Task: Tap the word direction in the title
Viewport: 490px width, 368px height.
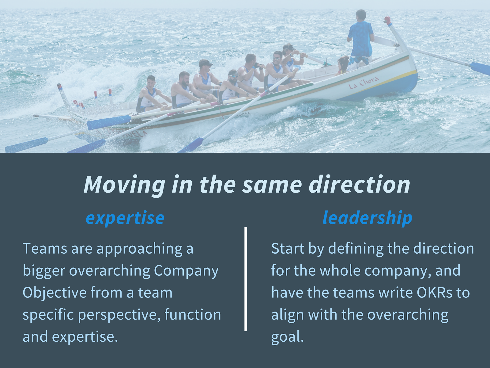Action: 360,185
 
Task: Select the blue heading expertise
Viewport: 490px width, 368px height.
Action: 125,218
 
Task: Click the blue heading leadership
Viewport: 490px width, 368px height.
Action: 367,218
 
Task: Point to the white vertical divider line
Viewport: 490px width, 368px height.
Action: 246,279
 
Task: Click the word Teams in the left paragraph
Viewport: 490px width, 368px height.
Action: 45,248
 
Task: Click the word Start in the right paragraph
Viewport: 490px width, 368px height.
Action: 288,248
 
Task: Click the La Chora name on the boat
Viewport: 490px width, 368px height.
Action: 364,83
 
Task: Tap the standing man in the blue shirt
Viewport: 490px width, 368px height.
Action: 360,39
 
